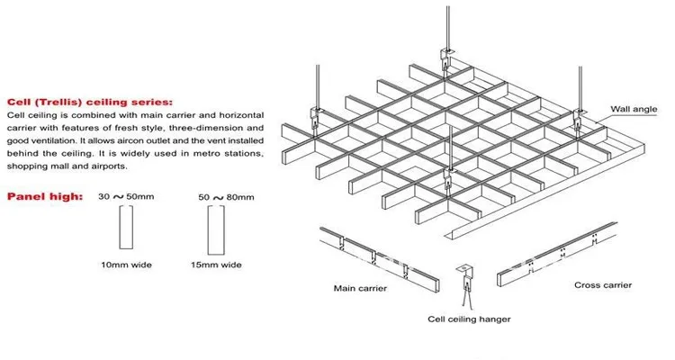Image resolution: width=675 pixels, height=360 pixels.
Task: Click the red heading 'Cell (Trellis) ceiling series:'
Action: [89, 102]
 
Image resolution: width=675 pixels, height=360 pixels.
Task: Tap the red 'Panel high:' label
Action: [45, 195]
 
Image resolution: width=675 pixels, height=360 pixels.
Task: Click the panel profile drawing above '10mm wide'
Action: [128, 228]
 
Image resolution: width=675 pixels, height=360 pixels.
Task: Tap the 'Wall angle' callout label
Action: [634, 108]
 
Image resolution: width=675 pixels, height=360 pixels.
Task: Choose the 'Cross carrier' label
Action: [602, 285]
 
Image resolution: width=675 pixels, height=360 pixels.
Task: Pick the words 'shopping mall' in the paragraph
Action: [37, 166]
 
